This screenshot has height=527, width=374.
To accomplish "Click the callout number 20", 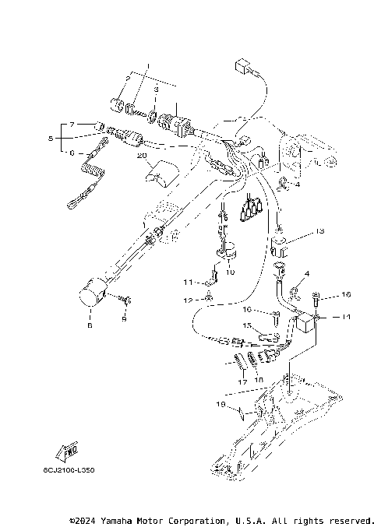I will tap(141, 156).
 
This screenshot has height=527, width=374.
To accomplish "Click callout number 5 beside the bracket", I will tap(52, 139).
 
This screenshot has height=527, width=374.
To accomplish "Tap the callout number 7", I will tap(72, 125).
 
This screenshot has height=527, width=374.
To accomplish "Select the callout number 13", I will tap(319, 231).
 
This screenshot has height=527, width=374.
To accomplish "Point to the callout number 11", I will tap(188, 281).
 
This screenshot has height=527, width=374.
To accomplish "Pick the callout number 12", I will tap(188, 300).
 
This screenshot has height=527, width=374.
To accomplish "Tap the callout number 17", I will tap(242, 381).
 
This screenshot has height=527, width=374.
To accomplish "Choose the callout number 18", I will tap(259, 379).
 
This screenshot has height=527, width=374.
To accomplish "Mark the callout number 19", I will tap(221, 405).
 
